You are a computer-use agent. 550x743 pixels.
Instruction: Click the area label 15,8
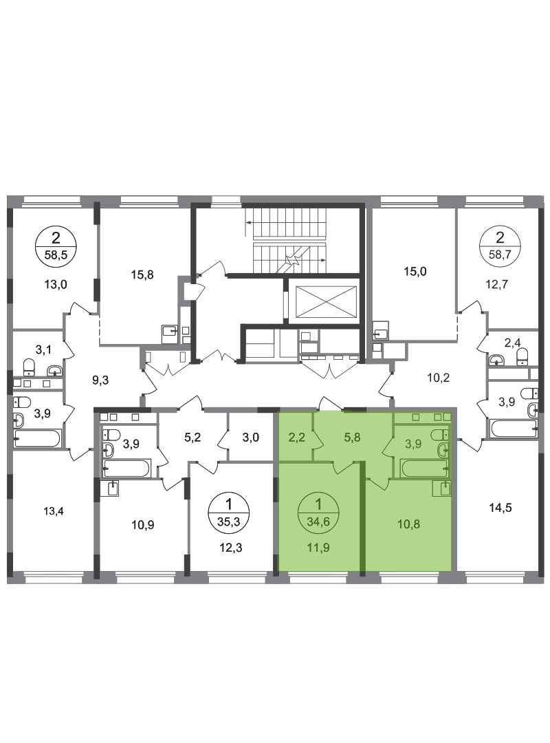point(142,274)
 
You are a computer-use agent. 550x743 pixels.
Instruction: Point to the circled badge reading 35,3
point(230,513)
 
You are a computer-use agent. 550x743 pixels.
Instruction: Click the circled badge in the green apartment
point(318,513)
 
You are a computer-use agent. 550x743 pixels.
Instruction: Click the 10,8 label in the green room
point(408,524)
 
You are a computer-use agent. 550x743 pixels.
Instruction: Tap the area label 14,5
point(500,508)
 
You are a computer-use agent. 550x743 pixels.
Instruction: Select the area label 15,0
point(415,272)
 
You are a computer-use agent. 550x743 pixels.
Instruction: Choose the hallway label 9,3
point(100,380)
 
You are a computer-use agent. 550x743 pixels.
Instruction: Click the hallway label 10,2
point(438,378)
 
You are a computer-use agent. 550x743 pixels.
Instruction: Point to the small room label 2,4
point(512,343)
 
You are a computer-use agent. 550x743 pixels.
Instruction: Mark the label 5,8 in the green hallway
point(352,438)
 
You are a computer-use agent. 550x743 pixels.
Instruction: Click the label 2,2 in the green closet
point(297,438)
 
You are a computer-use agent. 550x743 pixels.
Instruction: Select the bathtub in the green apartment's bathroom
point(424,469)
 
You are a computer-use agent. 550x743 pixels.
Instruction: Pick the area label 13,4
point(54,511)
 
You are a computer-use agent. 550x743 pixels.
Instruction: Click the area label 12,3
point(231,548)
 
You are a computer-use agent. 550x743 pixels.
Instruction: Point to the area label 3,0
point(251,438)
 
